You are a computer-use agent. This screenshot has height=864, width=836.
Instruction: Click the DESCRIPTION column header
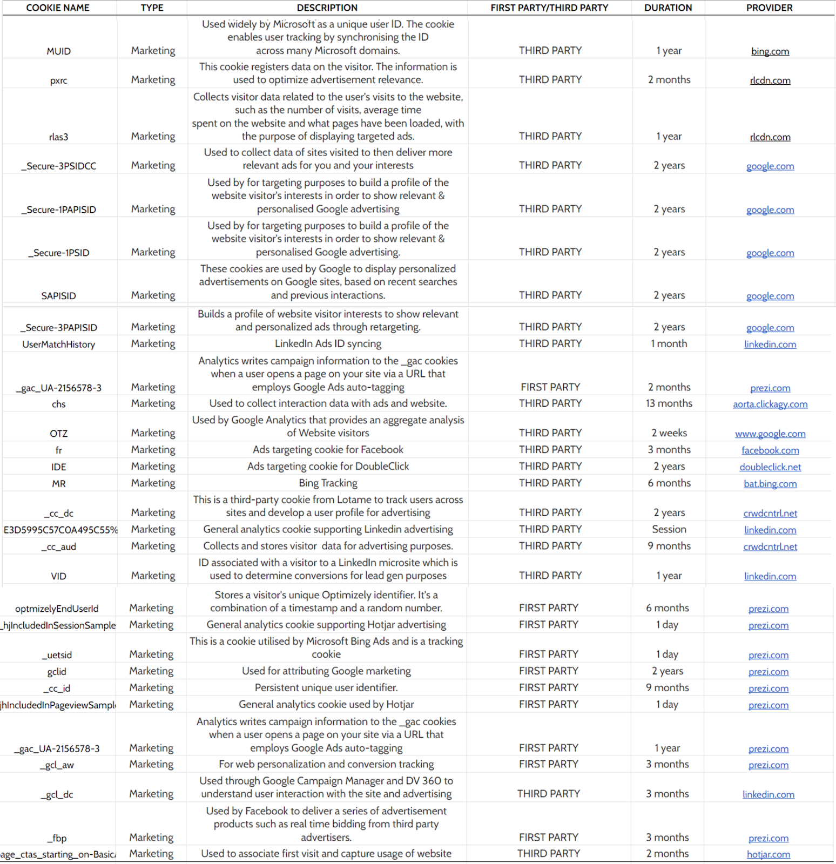[x=327, y=8]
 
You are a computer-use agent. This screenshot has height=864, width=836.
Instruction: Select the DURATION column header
[x=668, y=8]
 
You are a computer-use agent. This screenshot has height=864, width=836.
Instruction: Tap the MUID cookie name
[x=58, y=51]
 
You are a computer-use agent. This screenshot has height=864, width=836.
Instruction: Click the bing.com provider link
[x=770, y=51]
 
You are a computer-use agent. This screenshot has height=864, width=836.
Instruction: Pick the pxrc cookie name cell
[x=58, y=80]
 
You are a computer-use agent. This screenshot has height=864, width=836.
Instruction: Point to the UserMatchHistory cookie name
[x=58, y=345]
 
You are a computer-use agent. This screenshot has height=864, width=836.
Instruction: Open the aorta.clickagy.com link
[x=770, y=404]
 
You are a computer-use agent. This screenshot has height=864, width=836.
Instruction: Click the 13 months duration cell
[x=669, y=403]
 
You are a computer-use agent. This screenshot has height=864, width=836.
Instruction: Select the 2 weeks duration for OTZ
[x=669, y=433]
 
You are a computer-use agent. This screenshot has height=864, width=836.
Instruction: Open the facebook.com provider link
[x=770, y=450]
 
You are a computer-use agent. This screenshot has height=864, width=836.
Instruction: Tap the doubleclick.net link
[x=770, y=467]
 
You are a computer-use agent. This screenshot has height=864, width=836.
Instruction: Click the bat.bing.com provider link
[x=770, y=484]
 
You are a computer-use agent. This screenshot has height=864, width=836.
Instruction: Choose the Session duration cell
[x=669, y=529]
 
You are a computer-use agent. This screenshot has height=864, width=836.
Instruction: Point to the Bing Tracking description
[x=328, y=483]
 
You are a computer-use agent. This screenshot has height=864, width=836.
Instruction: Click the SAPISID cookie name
[x=58, y=296]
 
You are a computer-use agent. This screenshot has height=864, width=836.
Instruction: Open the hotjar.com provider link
[x=768, y=854]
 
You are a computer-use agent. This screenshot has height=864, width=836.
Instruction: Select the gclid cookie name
[x=57, y=672]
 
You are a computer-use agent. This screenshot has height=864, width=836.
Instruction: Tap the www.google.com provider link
[x=770, y=434]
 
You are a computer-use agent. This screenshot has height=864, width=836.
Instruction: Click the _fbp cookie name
[x=57, y=838]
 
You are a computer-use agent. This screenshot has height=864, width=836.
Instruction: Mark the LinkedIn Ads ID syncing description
[x=328, y=344]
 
